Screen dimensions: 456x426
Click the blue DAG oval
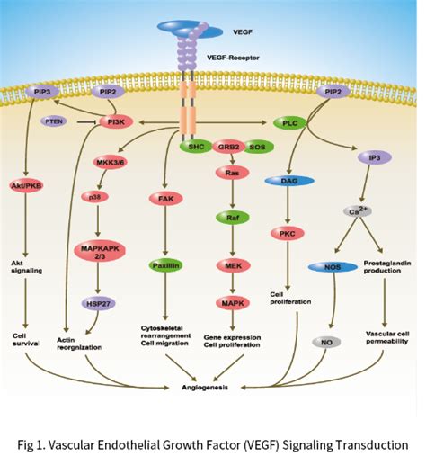tap(288, 182)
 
